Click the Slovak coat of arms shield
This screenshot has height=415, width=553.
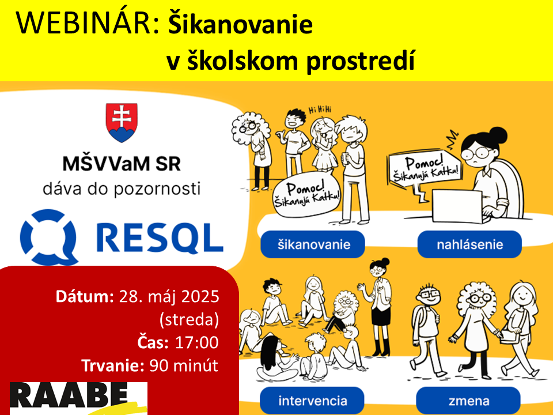[x=122, y=122]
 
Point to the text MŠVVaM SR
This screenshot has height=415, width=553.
[x=122, y=164]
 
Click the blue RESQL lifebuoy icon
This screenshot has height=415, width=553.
[x=49, y=237]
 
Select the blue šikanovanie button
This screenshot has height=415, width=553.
[x=313, y=244]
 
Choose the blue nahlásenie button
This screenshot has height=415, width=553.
[x=469, y=244]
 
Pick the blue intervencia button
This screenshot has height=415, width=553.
[x=312, y=401]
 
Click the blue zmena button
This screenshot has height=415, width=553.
[x=468, y=401]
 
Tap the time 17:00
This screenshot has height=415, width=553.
[x=196, y=342]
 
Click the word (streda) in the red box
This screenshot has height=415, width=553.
[x=189, y=320]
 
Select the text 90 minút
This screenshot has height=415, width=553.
[x=183, y=365]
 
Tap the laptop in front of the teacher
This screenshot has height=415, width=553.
[x=457, y=206]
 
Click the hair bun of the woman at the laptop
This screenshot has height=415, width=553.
[x=498, y=135]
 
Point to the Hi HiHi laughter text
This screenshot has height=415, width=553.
[x=320, y=110]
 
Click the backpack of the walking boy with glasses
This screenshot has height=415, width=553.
[x=419, y=323]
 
